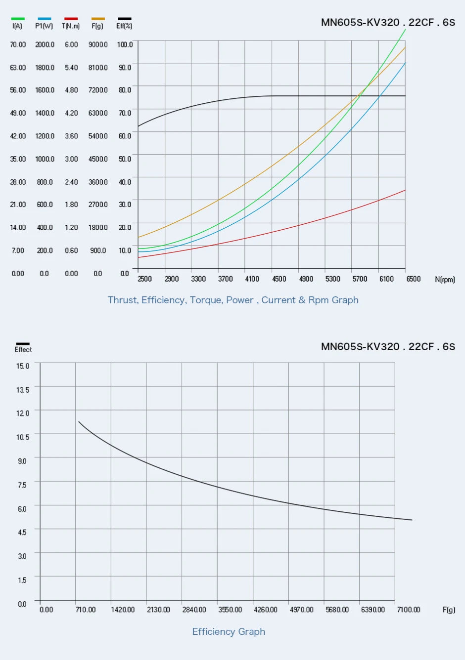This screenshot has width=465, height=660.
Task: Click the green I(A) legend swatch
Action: tap(17, 19)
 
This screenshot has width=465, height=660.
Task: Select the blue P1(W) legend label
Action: tap(44, 26)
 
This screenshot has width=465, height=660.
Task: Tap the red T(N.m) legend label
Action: tap(71, 26)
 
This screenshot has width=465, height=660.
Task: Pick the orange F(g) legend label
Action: tap(97, 26)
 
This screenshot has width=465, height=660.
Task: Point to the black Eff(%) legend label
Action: tap(124, 26)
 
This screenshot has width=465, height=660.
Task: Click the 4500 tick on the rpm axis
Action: tap(279, 279)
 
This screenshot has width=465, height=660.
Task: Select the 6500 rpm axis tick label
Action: tap(414, 279)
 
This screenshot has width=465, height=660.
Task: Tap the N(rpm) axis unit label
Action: tap(445, 280)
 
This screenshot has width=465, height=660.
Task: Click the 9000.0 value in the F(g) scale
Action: tap(98, 44)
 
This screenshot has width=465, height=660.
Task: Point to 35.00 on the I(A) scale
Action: tap(18, 159)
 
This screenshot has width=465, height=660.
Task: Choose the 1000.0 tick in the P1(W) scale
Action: tap(45, 159)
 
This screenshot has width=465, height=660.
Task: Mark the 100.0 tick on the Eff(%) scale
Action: tap(125, 44)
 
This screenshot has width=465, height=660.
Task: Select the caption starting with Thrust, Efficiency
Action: tap(233, 300)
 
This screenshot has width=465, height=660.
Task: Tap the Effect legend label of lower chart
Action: tap(23, 350)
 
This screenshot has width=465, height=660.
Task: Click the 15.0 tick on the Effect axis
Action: tap(23, 366)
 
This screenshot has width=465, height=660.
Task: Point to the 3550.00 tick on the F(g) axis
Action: tap(230, 610)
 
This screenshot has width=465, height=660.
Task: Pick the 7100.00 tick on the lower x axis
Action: tap(408, 610)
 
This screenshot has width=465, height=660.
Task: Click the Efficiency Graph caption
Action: tap(229, 631)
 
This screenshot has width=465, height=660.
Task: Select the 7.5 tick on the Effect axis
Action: tap(22, 485)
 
